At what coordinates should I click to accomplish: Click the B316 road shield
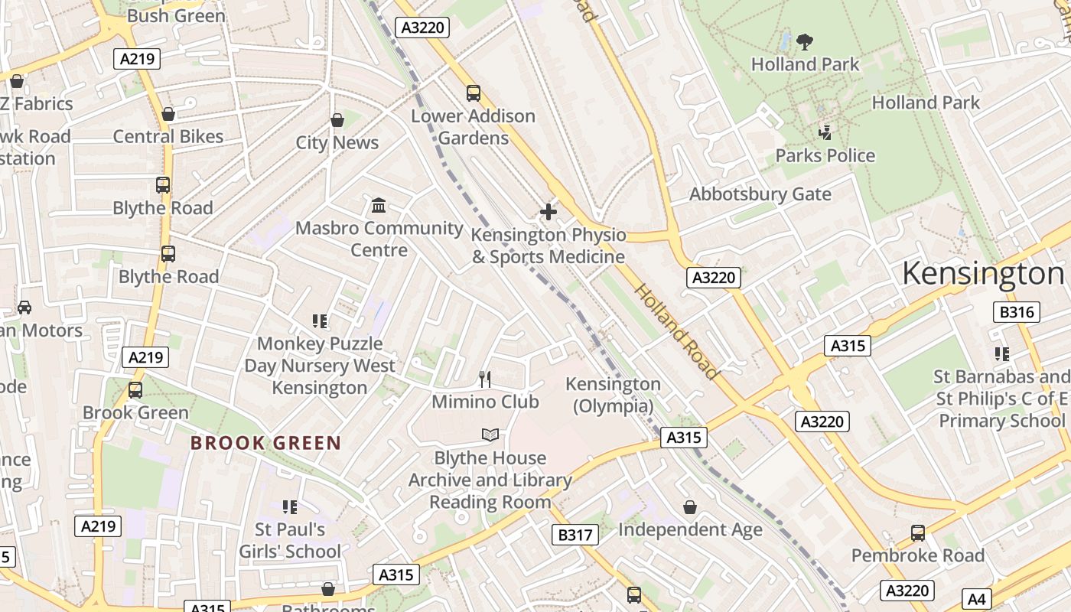point(1017,312)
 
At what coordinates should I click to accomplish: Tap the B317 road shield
point(575,535)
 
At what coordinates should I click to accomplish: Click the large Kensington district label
point(983,273)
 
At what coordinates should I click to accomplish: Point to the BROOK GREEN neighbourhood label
point(265,443)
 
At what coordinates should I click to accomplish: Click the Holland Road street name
point(677,332)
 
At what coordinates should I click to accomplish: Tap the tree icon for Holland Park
point(804,42)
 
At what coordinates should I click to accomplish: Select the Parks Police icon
point(825,133)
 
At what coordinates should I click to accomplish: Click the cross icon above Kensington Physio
point(548,212)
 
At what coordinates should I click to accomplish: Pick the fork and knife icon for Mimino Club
point(484,379)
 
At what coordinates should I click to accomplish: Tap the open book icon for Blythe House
point(490,435)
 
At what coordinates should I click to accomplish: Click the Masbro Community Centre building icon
point(379,206)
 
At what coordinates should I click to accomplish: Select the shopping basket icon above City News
point(337,120)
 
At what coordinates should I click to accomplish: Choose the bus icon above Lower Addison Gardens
point(473,93)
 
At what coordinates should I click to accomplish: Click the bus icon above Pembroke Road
point(917,533)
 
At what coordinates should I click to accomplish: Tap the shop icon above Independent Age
point(689,507)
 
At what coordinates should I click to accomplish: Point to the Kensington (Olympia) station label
point(613,395)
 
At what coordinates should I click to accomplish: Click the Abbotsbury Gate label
point(760,194)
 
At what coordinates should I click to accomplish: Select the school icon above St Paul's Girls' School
point(289,506)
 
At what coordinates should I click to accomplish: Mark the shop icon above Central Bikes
point(168,115)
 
